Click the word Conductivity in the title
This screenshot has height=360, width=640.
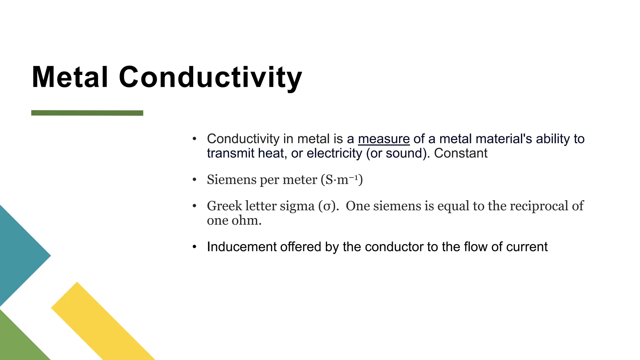point(210,77)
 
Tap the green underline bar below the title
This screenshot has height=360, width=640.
point(87,113)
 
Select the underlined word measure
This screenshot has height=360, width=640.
point(383,139)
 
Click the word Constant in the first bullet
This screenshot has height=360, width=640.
point(460,153)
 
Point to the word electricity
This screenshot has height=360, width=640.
point(334,153)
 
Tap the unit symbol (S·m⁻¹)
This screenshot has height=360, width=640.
point(342,180)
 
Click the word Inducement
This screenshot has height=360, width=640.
point(242,247)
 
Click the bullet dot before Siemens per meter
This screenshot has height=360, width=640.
point(194,180)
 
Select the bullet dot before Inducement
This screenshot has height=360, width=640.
point(194,247)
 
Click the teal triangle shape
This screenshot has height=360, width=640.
point(19,256)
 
